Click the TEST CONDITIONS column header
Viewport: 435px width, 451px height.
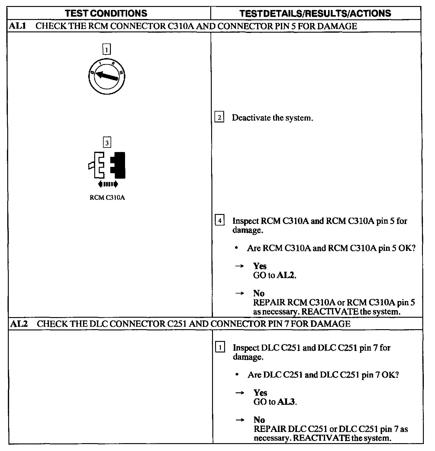[x=106, y=13]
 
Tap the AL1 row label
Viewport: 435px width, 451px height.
[x=17, y=26]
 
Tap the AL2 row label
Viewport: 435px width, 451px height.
[x=19, y=324]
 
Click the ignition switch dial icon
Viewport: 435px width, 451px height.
[x=107, y=76]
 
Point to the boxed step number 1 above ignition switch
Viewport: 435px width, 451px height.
[x=107, y=49]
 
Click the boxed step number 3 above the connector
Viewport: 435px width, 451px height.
[x=107, y=142]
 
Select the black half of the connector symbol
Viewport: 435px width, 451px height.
[x=118, y=165]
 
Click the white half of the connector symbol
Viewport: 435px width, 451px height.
[x=98, y=165]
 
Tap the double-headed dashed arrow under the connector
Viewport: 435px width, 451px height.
[x=108, y=184]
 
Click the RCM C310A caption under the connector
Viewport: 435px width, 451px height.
[x=107, y=198]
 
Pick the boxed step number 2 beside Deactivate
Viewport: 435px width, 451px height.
[x=219, y=117]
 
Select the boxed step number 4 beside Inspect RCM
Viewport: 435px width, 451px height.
[x=220, y=221]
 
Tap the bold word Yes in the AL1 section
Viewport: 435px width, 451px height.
[x=260, y=266]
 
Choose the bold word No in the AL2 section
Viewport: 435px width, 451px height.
[x=259, y=420]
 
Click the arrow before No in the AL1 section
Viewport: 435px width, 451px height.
[x=240, y=293]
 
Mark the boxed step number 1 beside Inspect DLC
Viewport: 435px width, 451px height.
[x=220, y=348]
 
